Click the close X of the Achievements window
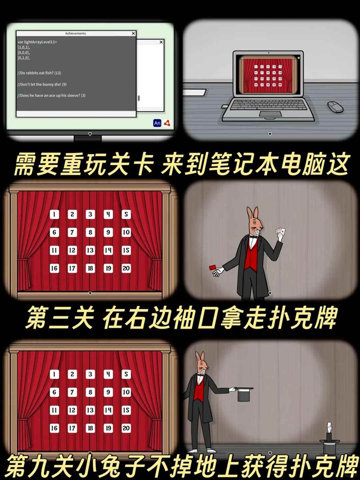(x=133, y=33)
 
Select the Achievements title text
(x=76, y=33)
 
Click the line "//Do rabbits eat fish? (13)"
(x=39, y=73)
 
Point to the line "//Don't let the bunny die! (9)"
(x=42, y=84)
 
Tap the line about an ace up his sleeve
(x=51, y=95)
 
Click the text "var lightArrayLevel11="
(x=37, y=41)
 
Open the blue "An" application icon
(x=157, y=123)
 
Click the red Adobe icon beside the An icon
(x=166, y=123)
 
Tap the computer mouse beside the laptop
(x=335, y=107)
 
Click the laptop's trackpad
(x=270, y=114)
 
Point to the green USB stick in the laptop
(x=225, y=107)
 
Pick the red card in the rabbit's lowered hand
(x=212, y=267)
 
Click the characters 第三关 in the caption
(x=59, y=318)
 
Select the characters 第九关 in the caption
(x=40, y=466)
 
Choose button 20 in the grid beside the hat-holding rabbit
(x=126, y=428)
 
